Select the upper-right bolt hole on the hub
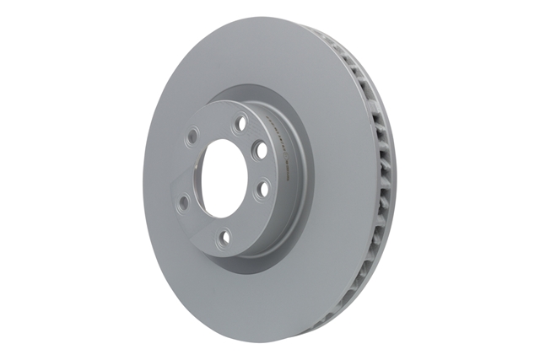coord(260,149)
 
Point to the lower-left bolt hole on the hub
coord(182,201)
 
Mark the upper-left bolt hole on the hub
coord(192,133)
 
